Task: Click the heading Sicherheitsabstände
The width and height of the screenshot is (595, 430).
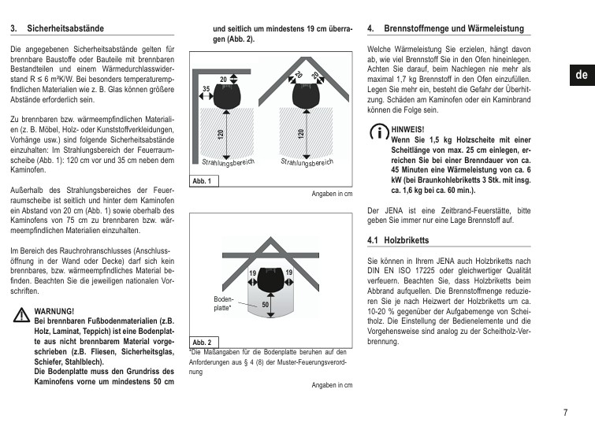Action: coord(65,28)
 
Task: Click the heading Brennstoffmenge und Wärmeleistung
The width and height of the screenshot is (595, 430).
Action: coord(454,28)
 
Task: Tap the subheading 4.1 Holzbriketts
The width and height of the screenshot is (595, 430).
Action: coord(398,240)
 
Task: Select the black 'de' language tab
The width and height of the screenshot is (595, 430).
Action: coord(582,75)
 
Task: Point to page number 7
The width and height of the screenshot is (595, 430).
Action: coord(565,412)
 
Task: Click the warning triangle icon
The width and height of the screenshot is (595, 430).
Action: coord(21,315)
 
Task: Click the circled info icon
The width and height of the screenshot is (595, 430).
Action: coord(379,132)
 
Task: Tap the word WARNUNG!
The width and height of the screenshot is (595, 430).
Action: coord(54,311)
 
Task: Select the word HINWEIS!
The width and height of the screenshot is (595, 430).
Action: coord(408,129)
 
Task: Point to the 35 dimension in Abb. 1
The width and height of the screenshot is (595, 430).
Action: coord(206,89)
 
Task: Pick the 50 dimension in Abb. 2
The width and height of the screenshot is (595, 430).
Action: coord(266,305)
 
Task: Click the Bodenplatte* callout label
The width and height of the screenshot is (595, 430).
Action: coord(224,303)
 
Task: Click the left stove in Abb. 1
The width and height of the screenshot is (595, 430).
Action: coord(227,96)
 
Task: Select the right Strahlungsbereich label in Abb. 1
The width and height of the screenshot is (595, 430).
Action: coord(307,162)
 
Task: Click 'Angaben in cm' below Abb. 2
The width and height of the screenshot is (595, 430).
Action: coord(332,385)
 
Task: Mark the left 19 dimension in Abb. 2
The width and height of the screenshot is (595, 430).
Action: coord(253,272)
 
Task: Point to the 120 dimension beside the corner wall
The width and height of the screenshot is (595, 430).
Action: coord(221,134)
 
